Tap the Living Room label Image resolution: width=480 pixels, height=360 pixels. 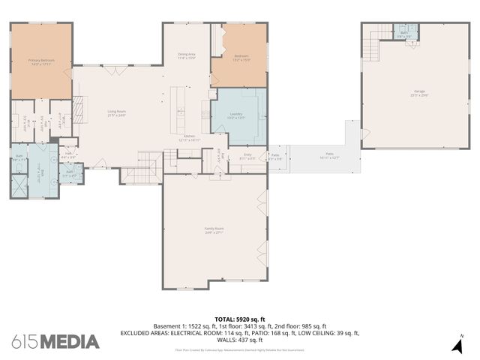coord(116,114)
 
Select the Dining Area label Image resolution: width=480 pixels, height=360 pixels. coord(187,55)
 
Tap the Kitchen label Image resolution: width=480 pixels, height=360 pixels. coord(189,138)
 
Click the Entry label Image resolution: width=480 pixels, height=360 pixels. coord(247,157)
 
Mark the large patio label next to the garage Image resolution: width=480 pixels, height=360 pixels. coord(324,157)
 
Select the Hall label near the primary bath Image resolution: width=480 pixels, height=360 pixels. coord(68,155)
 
